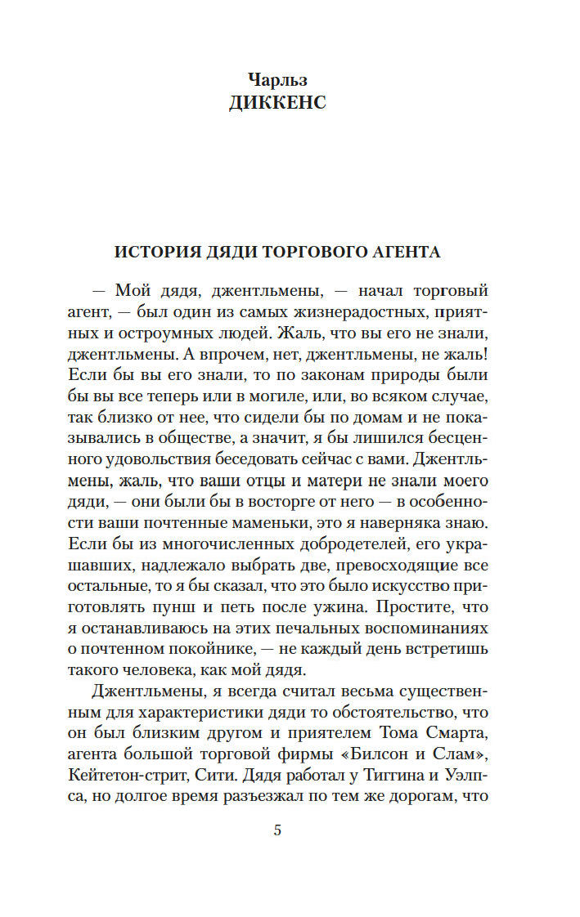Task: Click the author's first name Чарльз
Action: point(277,80)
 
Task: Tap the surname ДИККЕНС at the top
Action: point(277,103)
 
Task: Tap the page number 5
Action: point(277,832)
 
